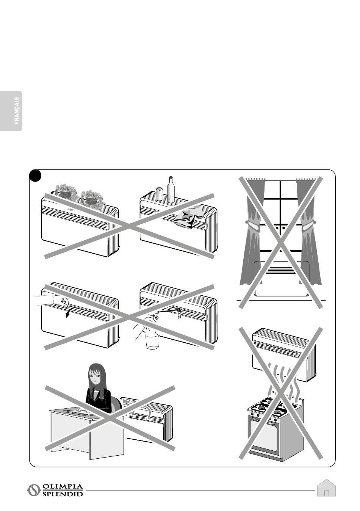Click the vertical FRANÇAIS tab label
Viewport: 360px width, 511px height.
(x=17, y=111)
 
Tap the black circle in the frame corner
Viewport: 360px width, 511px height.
(x=35, y=175)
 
